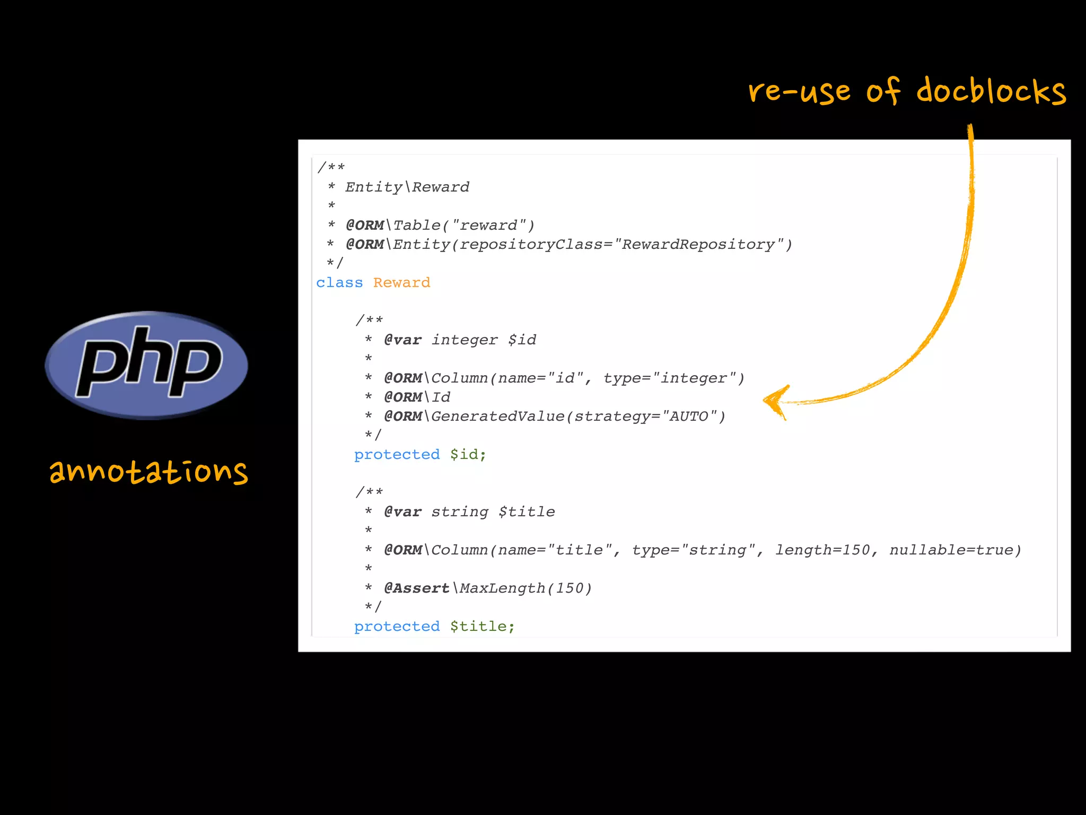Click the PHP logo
[146, 365]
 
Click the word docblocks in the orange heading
[991, 91]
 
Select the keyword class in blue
[339, 283]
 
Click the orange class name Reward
[401, 283]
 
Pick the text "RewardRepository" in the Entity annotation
[698, 245]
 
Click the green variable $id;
[468, 455]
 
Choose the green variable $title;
[482, 627]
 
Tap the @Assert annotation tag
[417, 588]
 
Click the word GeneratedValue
[498, 417]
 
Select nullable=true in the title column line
[954, 550]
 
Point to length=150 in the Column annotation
[822, 550]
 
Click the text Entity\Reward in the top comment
[407, 187]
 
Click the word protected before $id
[397, 455]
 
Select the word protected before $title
[397, 627]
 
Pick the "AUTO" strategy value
[689, 417]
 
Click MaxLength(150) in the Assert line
[526, 588]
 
